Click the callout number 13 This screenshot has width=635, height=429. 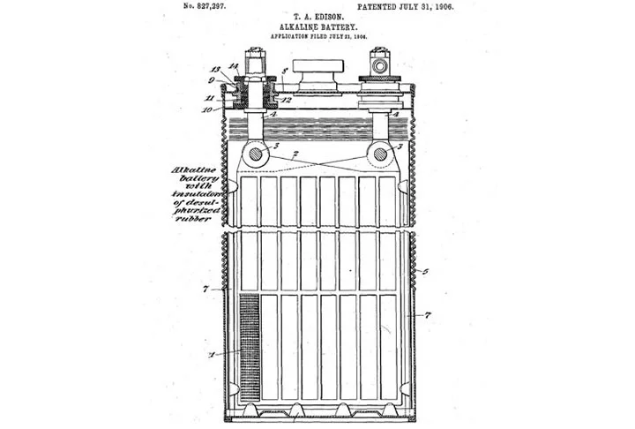(214, 68)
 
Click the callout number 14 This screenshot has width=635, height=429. (234, 66)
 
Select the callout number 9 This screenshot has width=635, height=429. (213, 80)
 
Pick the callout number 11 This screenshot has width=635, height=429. (213, 96)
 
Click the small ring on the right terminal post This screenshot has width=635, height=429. (383, 65)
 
